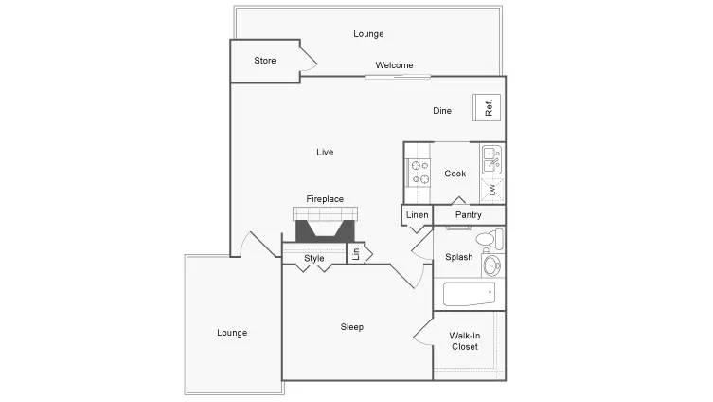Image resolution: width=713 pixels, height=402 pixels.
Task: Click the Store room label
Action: point(265,61)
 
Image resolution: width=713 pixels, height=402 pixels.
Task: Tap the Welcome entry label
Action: point(394,65)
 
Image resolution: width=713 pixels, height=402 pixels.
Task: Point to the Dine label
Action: point(442,111)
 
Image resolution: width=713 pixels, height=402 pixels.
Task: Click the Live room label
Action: point(325,152)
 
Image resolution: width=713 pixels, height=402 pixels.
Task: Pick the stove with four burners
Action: point(419,172)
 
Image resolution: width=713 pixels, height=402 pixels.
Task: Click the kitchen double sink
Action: point(491,158)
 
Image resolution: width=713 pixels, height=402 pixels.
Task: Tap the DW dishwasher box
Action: point(493,190)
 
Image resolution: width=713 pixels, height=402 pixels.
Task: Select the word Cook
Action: point(455,174)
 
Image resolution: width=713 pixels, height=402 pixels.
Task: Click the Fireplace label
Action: point(325,199)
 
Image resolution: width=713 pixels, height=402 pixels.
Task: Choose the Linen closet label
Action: point(418,215)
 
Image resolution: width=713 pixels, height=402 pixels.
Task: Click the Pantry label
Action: point(469,215)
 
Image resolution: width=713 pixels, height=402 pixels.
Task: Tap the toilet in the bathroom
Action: point(489,238)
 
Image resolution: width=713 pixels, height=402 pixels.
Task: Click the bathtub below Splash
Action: point(470,294)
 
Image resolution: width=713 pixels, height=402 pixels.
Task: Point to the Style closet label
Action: point(314,258)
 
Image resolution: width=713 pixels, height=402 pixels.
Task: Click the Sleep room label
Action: point(352,327)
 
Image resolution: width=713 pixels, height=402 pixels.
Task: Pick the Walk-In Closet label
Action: point(464,340)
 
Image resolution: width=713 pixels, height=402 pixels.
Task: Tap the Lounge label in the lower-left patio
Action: point(232,333)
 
